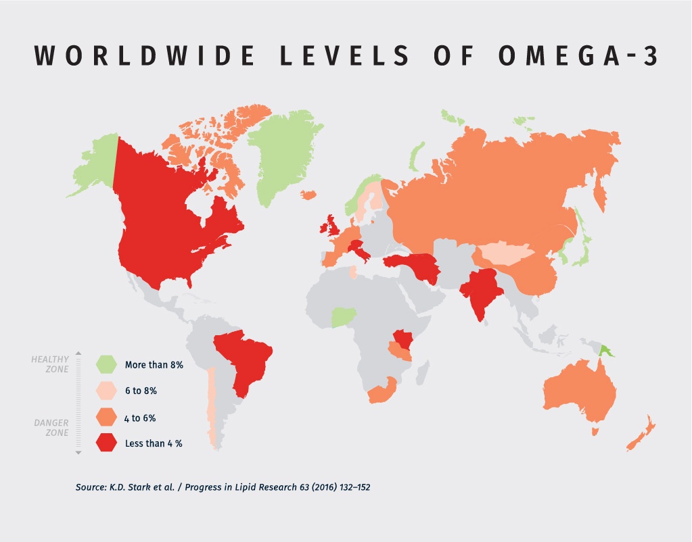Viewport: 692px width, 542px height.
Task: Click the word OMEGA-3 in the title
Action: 578,57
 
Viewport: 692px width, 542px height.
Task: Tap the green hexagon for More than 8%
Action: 107,364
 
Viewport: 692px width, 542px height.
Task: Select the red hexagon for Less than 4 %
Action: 107,443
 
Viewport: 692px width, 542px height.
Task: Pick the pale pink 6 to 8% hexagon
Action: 107,391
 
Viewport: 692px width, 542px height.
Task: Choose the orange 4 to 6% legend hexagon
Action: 107,418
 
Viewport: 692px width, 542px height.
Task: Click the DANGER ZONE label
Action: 51,427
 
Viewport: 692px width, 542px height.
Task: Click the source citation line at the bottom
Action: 223,487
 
